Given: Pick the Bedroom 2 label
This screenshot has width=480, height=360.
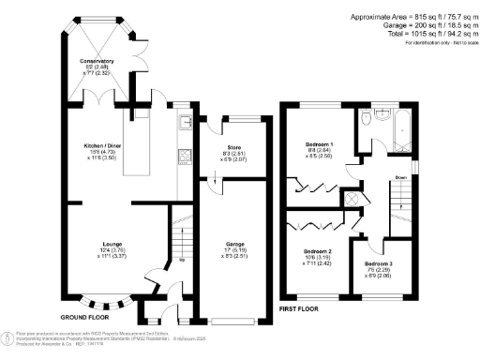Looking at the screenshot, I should click(x=317, y=251).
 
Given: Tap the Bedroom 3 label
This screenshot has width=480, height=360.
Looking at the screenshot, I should click(x=379, y=264).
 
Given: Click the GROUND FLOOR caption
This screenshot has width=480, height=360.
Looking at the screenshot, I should click(x=74, y=317).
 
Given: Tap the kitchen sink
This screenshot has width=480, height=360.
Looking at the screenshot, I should click(x=185, y=121).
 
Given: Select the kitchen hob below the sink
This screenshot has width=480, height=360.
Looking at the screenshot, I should click(x=185, y=157).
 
